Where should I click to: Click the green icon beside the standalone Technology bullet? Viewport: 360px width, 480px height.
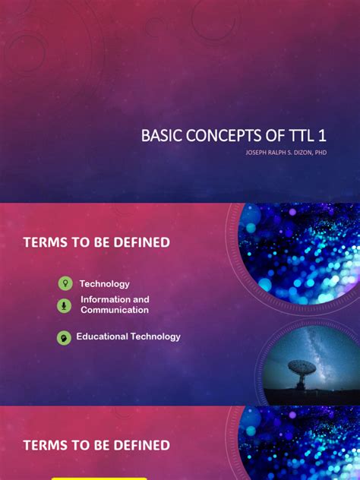pyautogui.click(x=65, y=283)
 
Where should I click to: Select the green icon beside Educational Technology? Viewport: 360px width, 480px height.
pyautogui.click(x=65, y=337)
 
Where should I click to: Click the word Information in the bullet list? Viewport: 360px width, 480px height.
pyautogui.click(x=105, y=300)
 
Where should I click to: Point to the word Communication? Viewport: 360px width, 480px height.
pyautogui.click(x=115, y=310)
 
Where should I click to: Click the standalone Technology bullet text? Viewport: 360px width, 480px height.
pyautogui.click(x=105, y=283)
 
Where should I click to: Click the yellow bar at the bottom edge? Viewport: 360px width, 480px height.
pyautogui.click(x=88, y=478)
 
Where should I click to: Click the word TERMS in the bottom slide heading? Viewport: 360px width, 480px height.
pyautogui.click(x=45, y=445)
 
